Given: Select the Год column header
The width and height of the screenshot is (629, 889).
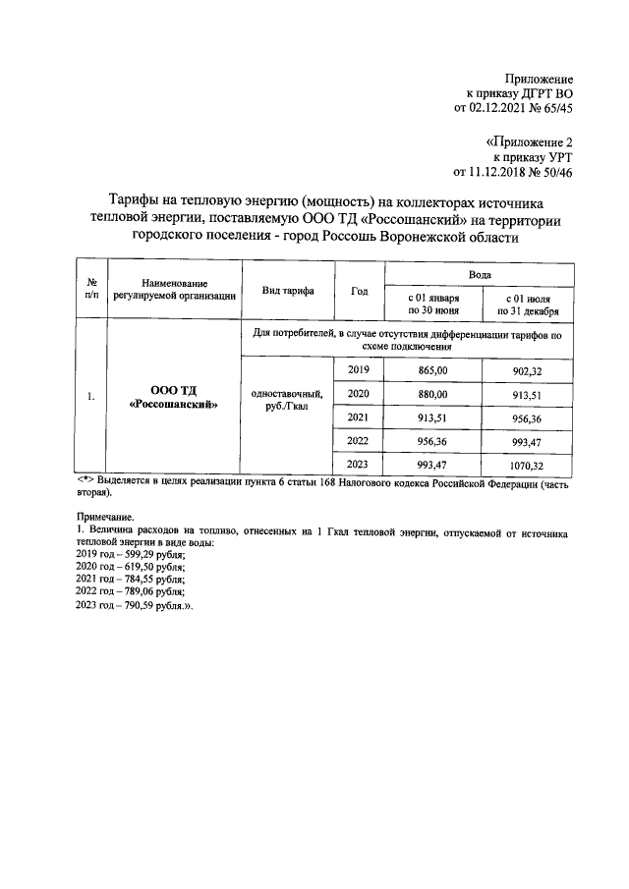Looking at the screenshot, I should (x=359, y=291).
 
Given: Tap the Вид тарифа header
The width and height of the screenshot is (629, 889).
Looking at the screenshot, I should (x=288, y=291).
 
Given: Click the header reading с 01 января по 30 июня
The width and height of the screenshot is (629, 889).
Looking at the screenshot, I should (x=432, y=304).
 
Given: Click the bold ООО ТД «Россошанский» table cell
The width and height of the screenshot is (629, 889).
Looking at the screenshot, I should (x=173, y=396).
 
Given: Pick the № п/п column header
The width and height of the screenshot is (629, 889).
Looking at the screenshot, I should (x=91, y=286).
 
